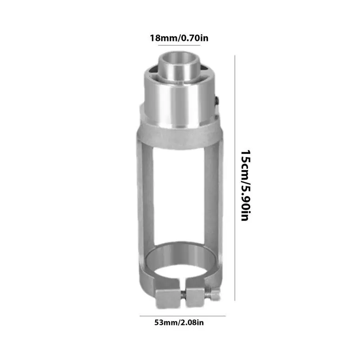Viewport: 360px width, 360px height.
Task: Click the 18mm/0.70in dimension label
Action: click(179, 37)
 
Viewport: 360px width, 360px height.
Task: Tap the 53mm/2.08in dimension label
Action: click(180, 322)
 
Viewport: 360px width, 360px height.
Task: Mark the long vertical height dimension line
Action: click(235, 178)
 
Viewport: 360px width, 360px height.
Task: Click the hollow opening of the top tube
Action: click(180, 58)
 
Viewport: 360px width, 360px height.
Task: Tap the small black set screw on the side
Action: click(217, 102)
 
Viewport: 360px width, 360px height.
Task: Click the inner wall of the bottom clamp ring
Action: click(180, 252)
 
